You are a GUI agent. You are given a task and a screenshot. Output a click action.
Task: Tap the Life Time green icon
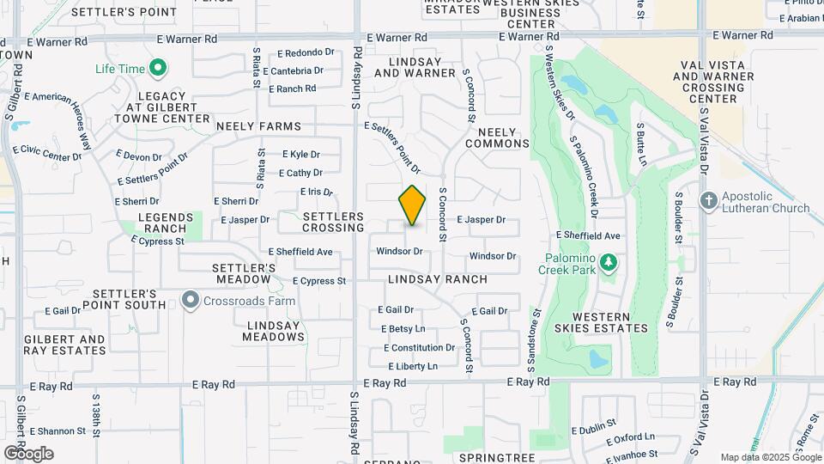click(x=157, y=67)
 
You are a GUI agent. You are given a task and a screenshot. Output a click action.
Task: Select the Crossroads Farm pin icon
click(x=191, y=301)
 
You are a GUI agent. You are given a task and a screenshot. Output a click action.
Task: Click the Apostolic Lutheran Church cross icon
click(x=708, y=201)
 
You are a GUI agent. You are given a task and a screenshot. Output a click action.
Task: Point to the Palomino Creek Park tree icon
click(x=608, y=261)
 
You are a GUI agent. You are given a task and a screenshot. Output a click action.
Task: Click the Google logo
click(x=28, y=454)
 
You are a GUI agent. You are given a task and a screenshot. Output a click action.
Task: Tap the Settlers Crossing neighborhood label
click(x=333, y=223)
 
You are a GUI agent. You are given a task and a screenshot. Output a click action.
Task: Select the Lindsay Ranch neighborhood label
click(x=437, y=279)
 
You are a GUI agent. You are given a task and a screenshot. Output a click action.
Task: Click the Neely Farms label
click(x=258, y=126)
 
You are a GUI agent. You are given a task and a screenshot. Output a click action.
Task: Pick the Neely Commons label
click(x=497, y=137)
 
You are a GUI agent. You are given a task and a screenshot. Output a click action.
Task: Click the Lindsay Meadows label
click(x=275, y=331)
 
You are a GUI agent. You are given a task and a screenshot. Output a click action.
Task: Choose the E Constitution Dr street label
click(x=419, y=348)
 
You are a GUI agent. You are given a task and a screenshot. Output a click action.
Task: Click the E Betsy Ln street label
click(x=403, y=329)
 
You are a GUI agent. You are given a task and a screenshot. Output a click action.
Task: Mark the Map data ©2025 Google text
click(x=768, y=457)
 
